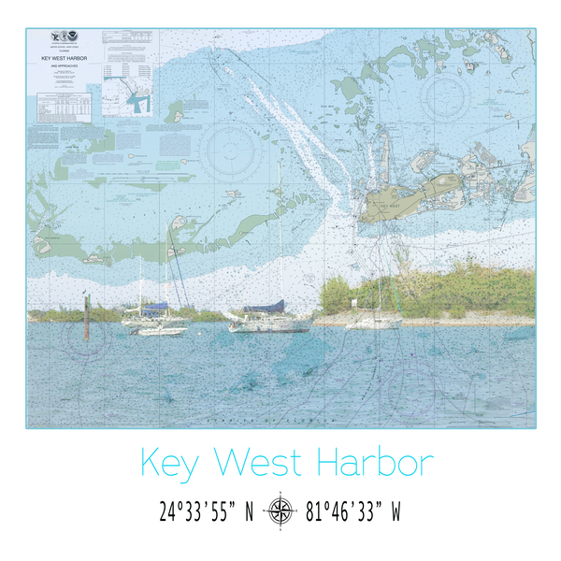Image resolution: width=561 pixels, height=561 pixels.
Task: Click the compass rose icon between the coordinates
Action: (280, 511)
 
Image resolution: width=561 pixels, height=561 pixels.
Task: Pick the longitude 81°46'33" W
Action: (352, 511)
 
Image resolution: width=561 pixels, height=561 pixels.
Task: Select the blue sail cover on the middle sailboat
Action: (264, 306)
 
